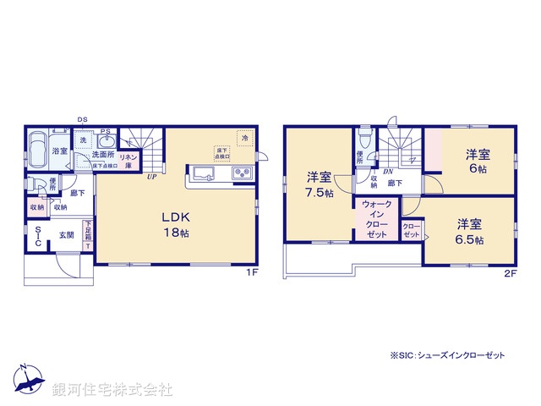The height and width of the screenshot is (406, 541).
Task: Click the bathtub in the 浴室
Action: point(40,151)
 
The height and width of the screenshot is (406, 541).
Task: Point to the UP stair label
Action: point(150,178)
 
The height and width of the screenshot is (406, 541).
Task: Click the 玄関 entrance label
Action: point(66,234)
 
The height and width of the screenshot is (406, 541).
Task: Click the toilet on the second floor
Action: point(364,140)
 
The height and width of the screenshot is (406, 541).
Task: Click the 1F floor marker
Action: point(251,272)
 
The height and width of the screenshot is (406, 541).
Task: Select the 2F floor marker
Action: point(510,272)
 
